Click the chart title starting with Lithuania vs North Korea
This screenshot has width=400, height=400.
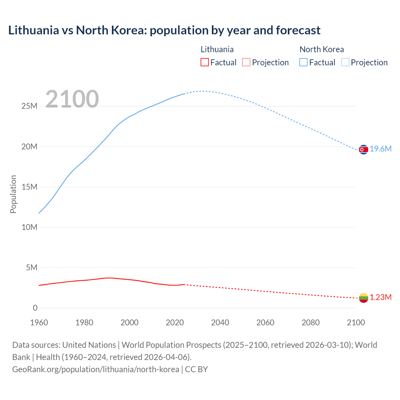(x=164, y=30)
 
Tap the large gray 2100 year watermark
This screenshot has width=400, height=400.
(x=72, y=99)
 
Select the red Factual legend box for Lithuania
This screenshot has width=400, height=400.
(x=205, y=62)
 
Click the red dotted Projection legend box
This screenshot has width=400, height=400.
(x=246, y=62)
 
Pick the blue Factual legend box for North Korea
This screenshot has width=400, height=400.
(x=303, y=62)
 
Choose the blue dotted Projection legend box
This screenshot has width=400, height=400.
(x=345, y=62)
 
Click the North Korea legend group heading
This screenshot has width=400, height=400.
(x=322, y=49)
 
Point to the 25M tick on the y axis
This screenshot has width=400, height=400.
(x=29, y=106)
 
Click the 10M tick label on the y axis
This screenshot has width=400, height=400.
(x=29, y=227)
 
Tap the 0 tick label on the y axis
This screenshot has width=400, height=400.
(x=35, y=308)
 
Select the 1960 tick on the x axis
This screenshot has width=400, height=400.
(x=39, y=322)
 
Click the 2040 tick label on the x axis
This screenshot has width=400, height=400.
(x=220, y=322)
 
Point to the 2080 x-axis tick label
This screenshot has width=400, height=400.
(x=311, y=322)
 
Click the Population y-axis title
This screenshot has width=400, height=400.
(x=13, y=194)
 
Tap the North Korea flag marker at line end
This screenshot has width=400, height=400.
(x=363, y=150)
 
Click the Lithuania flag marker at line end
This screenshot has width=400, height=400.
(x=363, y=298)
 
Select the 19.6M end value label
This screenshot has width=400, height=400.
(x=381, y=149)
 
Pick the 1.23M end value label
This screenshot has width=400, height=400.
(x=381, y=297)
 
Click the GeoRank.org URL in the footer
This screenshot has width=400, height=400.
(x=96, y=369)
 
